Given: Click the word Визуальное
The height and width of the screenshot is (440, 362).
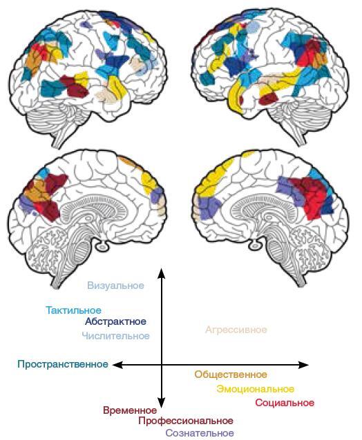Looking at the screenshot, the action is pos(116,286).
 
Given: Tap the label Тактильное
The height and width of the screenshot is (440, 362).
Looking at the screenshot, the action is pos(74,310).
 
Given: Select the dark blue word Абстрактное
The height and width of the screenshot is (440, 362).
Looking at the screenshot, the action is pos(115,321).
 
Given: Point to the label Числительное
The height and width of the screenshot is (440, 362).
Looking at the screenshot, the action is pos(116,336).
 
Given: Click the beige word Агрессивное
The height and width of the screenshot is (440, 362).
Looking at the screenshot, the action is pos(236,330).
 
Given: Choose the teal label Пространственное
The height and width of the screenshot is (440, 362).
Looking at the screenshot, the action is pos(63,364).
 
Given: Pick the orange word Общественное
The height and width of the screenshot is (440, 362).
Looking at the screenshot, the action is pos(231,374).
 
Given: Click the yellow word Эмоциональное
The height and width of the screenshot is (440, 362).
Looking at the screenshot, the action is pos(255,389).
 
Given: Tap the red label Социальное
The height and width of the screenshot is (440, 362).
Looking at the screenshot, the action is pos(285,403).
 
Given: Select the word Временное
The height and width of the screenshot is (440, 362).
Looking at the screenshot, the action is pos(130,410).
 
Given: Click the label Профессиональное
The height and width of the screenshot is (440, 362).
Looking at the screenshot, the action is pos(186,421).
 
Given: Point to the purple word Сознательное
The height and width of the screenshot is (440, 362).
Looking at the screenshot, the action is pos(200,432).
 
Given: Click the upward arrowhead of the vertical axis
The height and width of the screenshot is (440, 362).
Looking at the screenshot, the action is pos(161,273).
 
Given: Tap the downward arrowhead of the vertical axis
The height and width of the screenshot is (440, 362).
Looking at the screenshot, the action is pos(161,403).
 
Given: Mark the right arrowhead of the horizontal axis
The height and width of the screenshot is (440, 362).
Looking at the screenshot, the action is pos(303,365).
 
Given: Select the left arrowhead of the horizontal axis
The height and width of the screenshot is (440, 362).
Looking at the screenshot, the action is pos(118,365).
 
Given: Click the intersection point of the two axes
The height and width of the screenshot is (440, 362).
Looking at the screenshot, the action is pos(162,365).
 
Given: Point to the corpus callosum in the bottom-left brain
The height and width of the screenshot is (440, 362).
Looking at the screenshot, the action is pos(95,203).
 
